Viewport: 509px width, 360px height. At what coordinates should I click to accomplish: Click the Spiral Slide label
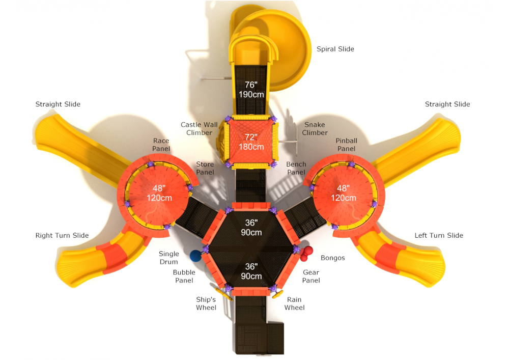335,49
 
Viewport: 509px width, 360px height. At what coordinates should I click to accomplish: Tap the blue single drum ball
195,256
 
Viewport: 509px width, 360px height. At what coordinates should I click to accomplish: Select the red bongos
306,253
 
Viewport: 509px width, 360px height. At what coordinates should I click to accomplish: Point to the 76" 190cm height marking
251,90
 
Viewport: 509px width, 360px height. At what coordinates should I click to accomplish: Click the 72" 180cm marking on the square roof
251,142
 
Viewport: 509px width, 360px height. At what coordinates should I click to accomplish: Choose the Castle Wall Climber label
199,128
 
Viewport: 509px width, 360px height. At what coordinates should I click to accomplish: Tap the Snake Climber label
315,128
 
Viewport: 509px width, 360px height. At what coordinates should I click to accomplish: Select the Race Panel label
161,145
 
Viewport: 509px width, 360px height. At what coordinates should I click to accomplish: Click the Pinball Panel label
346,145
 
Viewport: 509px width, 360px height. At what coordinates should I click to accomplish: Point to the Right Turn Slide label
62,235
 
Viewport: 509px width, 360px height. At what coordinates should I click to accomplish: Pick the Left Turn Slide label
439,235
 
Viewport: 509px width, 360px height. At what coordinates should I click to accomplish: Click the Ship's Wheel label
206,303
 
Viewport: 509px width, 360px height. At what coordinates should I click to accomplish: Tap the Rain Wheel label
294,303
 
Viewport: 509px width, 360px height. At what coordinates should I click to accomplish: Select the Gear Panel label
311,276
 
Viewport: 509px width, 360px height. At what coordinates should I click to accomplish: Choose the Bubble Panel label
184,276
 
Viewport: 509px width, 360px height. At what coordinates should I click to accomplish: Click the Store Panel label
205,168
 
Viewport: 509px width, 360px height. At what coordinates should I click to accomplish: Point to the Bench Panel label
296,168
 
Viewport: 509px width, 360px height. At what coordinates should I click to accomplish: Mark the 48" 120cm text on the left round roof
159,193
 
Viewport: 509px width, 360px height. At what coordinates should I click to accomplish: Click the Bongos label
333,258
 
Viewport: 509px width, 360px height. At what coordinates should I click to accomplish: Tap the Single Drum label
169,258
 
